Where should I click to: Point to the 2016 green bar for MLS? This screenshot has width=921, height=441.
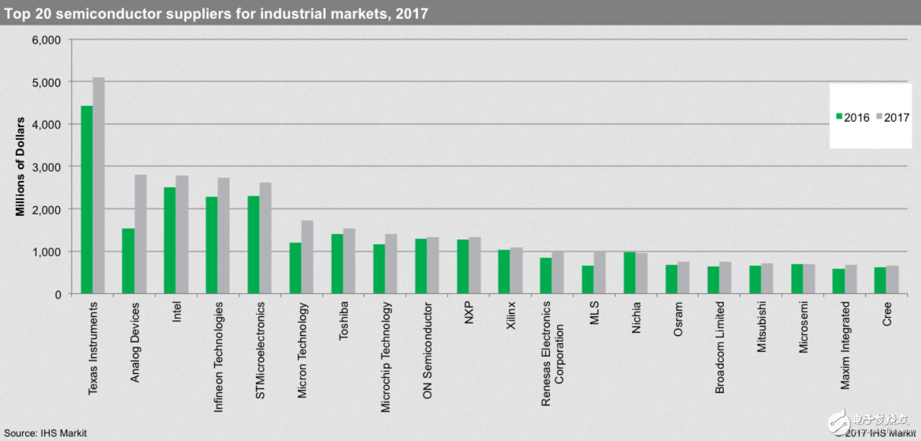point(588,280)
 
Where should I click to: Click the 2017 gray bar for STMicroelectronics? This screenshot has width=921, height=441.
point(265,238)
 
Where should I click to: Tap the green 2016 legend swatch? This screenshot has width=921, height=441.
point(839,117)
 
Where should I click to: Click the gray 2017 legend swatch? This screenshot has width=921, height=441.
point(879,117)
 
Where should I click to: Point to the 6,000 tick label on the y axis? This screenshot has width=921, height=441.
point(46,40)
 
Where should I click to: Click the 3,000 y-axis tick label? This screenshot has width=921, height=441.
point(46,166)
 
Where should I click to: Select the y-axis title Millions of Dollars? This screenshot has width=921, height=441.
point(21,166)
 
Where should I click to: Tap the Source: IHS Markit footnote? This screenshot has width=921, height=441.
point(44,433)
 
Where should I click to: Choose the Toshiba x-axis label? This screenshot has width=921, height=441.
point(344,321)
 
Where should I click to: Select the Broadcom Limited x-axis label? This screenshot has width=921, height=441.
point(720,347)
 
